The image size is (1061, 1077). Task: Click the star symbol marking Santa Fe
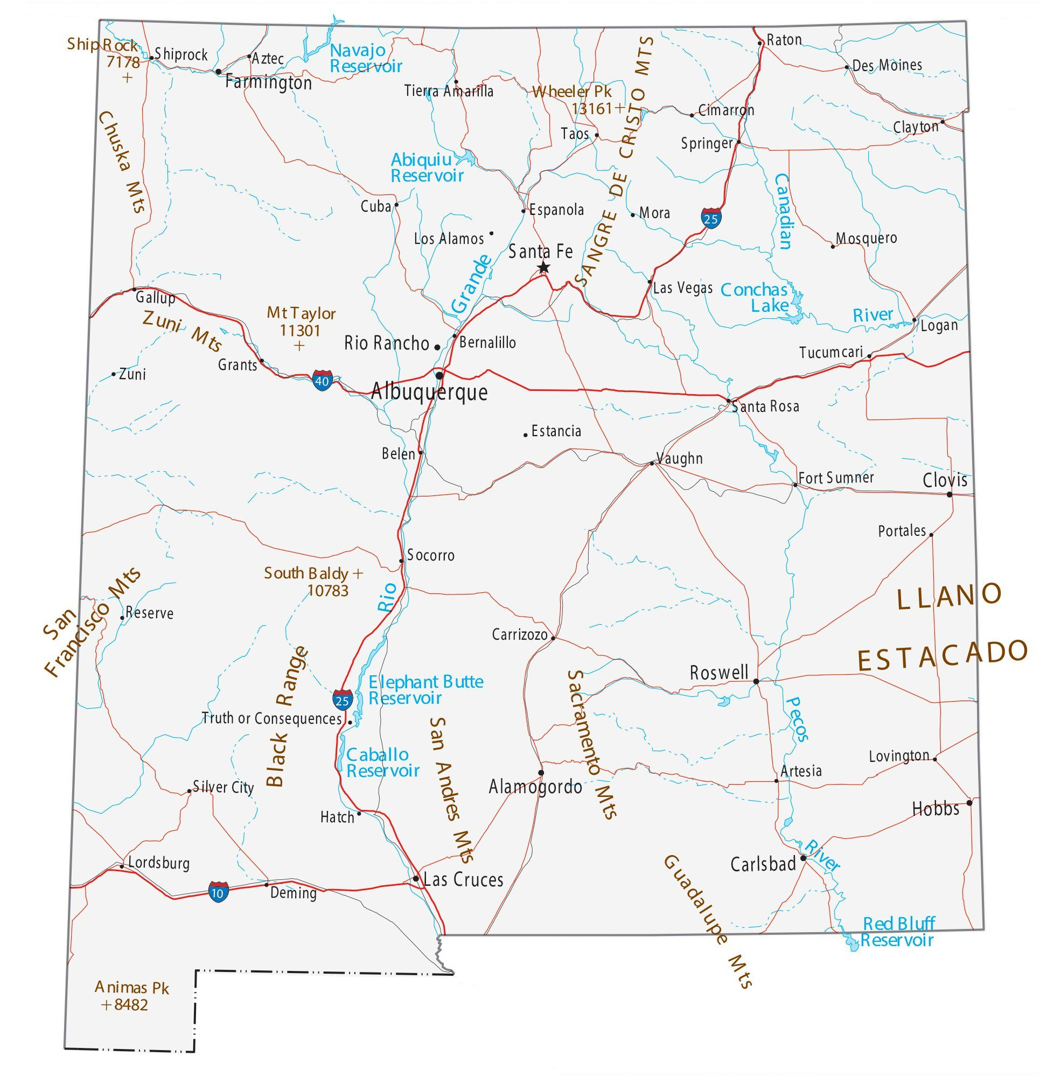click(x=544, y=268)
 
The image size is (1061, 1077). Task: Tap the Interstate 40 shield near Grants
click(x=322, y=381)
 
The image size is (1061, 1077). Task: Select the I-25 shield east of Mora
click(x=711, y=219)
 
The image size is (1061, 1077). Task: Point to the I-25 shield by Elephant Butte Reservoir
click(x=343, y=700)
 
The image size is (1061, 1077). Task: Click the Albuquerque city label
click(x=429, y=392)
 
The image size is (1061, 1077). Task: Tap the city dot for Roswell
click(x=756, y=681)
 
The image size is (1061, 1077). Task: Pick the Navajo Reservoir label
click(x=366, y=58)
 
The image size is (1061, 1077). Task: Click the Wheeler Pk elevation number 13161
click(x=592, y=109)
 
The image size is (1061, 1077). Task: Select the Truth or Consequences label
click(x=271, y=719)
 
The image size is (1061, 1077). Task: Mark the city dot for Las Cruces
click(x=416, y=879)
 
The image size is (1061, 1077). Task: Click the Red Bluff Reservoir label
click(x=897, y=932)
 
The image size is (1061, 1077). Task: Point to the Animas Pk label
click(x=131, y=988)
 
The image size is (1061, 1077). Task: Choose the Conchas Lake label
click(x=755, y=298)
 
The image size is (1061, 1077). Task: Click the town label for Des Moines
click(x=887, y=66)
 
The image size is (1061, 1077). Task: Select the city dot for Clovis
click(x=950, y=494)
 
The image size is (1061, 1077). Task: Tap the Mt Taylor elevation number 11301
click(x=300, y=331)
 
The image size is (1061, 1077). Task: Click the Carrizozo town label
click(x=519, y=634)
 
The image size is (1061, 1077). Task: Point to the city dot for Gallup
click(x=134, y=290)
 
